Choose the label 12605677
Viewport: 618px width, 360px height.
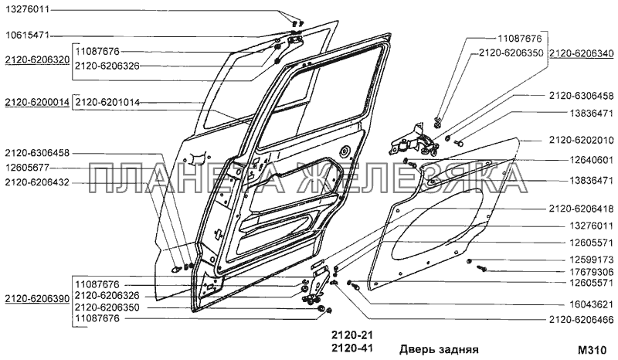27,168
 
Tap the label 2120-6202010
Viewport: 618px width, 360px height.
581,140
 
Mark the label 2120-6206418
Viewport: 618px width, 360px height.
581,209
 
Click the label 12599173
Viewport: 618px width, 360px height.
592,260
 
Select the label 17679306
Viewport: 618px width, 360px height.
592,272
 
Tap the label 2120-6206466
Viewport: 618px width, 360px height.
581,319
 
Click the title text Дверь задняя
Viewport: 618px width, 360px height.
439,348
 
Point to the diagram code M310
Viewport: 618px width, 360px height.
595,348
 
